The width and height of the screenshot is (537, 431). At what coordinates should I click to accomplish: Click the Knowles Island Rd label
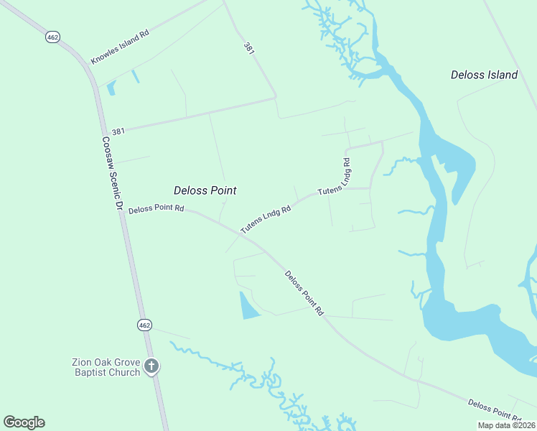[x=120, y=47]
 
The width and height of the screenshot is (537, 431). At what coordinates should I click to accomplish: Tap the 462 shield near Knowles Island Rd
[x=52, y=36]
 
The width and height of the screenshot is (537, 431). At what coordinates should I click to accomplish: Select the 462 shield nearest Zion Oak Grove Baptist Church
[x=145, y=325]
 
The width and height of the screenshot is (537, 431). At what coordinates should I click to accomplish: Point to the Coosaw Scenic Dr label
[x=109, y=173]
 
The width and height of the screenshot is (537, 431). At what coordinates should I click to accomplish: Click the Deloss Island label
[x=484, y=75]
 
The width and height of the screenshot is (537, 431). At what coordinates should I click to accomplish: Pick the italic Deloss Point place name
[x=205, y=190]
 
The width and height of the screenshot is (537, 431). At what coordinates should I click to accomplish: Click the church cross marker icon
[x=151, y=366]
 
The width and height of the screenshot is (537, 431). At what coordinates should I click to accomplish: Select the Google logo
[x=24, y=422]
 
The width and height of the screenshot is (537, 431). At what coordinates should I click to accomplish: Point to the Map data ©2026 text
[x=502, y=425]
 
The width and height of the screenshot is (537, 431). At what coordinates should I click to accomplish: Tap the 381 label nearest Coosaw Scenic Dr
[x=118, y=131]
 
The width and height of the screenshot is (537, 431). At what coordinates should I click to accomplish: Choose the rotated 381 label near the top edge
[x=248, y=49]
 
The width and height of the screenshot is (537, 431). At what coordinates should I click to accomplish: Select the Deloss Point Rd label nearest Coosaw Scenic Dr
[x=157, y=210]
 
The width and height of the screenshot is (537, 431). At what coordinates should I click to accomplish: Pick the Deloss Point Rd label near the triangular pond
[x=304, y=292]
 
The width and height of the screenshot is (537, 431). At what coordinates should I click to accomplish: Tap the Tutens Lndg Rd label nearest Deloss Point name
[x=266, y=220]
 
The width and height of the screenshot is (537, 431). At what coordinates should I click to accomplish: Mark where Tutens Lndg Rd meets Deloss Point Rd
[x=241, y=233]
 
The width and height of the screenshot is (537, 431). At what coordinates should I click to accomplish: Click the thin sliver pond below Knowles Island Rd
[x=135, y=75]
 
